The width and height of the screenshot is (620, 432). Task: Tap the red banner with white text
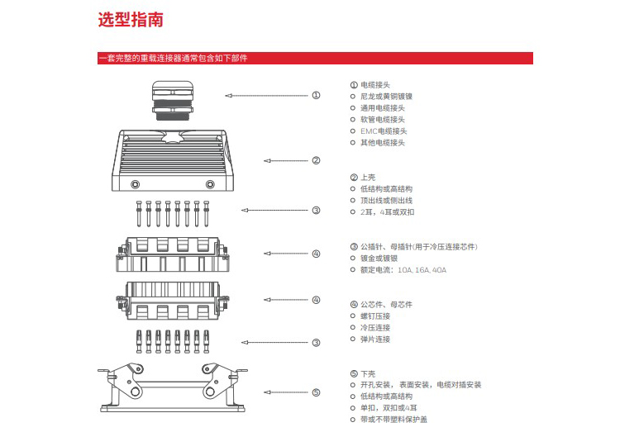pyautogui.click(x=315, y=59)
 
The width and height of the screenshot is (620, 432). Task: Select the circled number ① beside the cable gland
pyautogui.click(x=316, y=96)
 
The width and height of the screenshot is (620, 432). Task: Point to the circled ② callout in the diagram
pyautogui.click(x=316, y=160)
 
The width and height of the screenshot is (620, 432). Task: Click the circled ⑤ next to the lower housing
pyautogui.click(x=316, y=392)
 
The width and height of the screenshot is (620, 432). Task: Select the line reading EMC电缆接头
pyautogui.click(x=384, y=131)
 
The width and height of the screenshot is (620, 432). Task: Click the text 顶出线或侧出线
pyautogui.click(x=386, y=201)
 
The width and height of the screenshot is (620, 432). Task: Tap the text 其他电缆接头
pyautogui.click(x=383, y=143)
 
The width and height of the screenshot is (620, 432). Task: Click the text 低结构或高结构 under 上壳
pyautogui.click(x=386, y=189)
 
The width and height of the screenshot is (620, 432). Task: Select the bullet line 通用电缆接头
pyautogui.click(x=383, y=108)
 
